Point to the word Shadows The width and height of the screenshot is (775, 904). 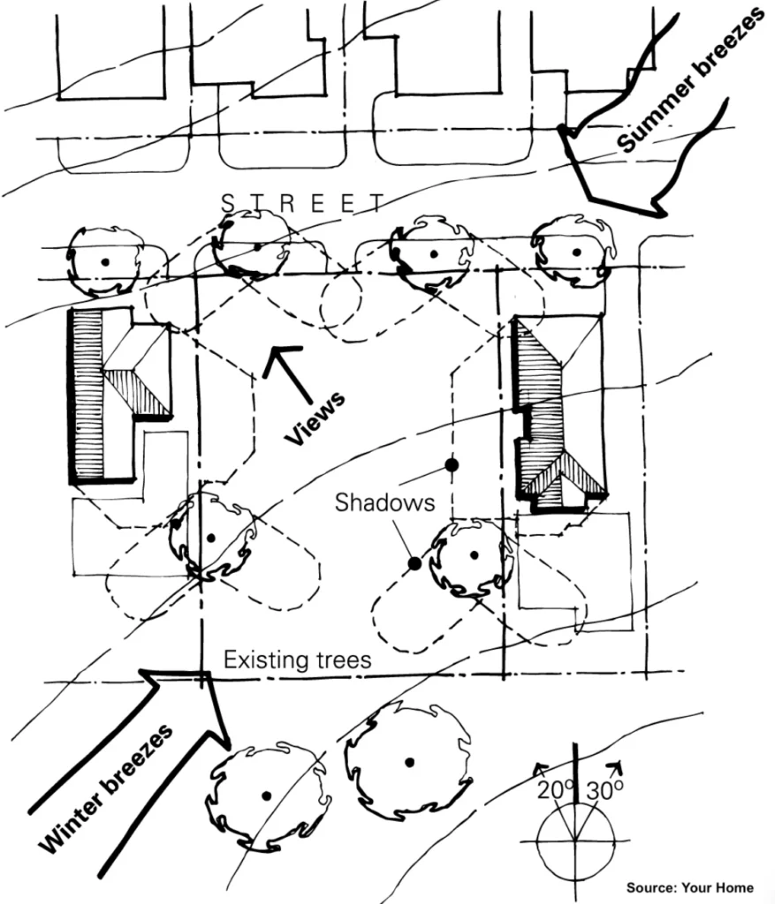click(x=384, y=502)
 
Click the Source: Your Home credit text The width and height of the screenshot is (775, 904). click(x=690, y=886)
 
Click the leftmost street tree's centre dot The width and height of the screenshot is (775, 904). click(x=105, y=261)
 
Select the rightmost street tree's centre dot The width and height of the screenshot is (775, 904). click(x=576, y=252)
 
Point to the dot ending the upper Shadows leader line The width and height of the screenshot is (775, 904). click(x=452, y=463)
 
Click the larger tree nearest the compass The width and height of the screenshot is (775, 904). click(x=409, y=761)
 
